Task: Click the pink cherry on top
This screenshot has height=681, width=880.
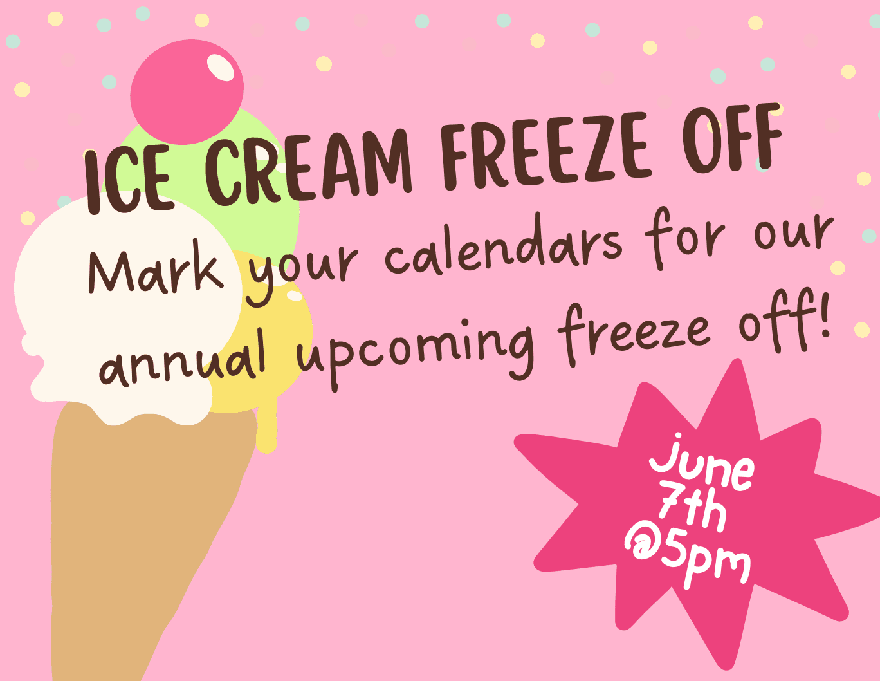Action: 187,92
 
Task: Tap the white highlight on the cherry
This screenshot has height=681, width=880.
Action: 221,68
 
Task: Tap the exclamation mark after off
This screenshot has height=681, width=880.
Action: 820,316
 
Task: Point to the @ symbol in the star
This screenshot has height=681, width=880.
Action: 642,542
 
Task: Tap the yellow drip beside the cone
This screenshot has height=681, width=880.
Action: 267,429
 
